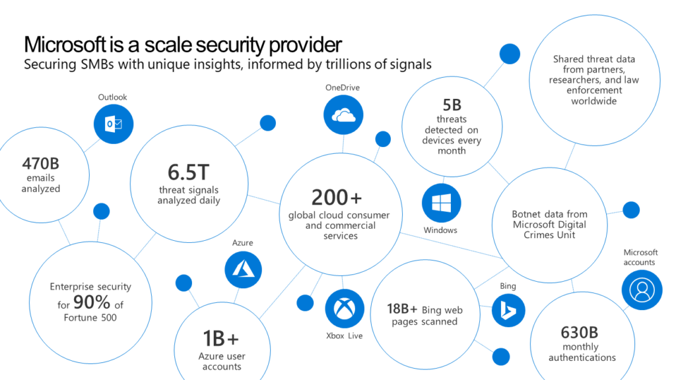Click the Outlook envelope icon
pyautogui.click(x=114, y=123)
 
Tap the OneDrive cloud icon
pyautogui.click(x=343, y=115)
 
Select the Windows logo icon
pyautogui.click(x=441, y=203)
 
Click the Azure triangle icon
pyautogui.click(x=243, y=269)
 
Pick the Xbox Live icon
pyautogui.click(x=344, y=309)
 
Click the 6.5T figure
pyautogui.click(x=188, y=173)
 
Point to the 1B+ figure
pyautogui.click(x=221, y=338)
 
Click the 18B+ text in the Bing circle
pyautogui.click(x=402, y=309)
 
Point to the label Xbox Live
pyautogui.click(x=345, y=336)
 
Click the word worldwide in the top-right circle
pyautogui.click(x=594, y=101)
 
